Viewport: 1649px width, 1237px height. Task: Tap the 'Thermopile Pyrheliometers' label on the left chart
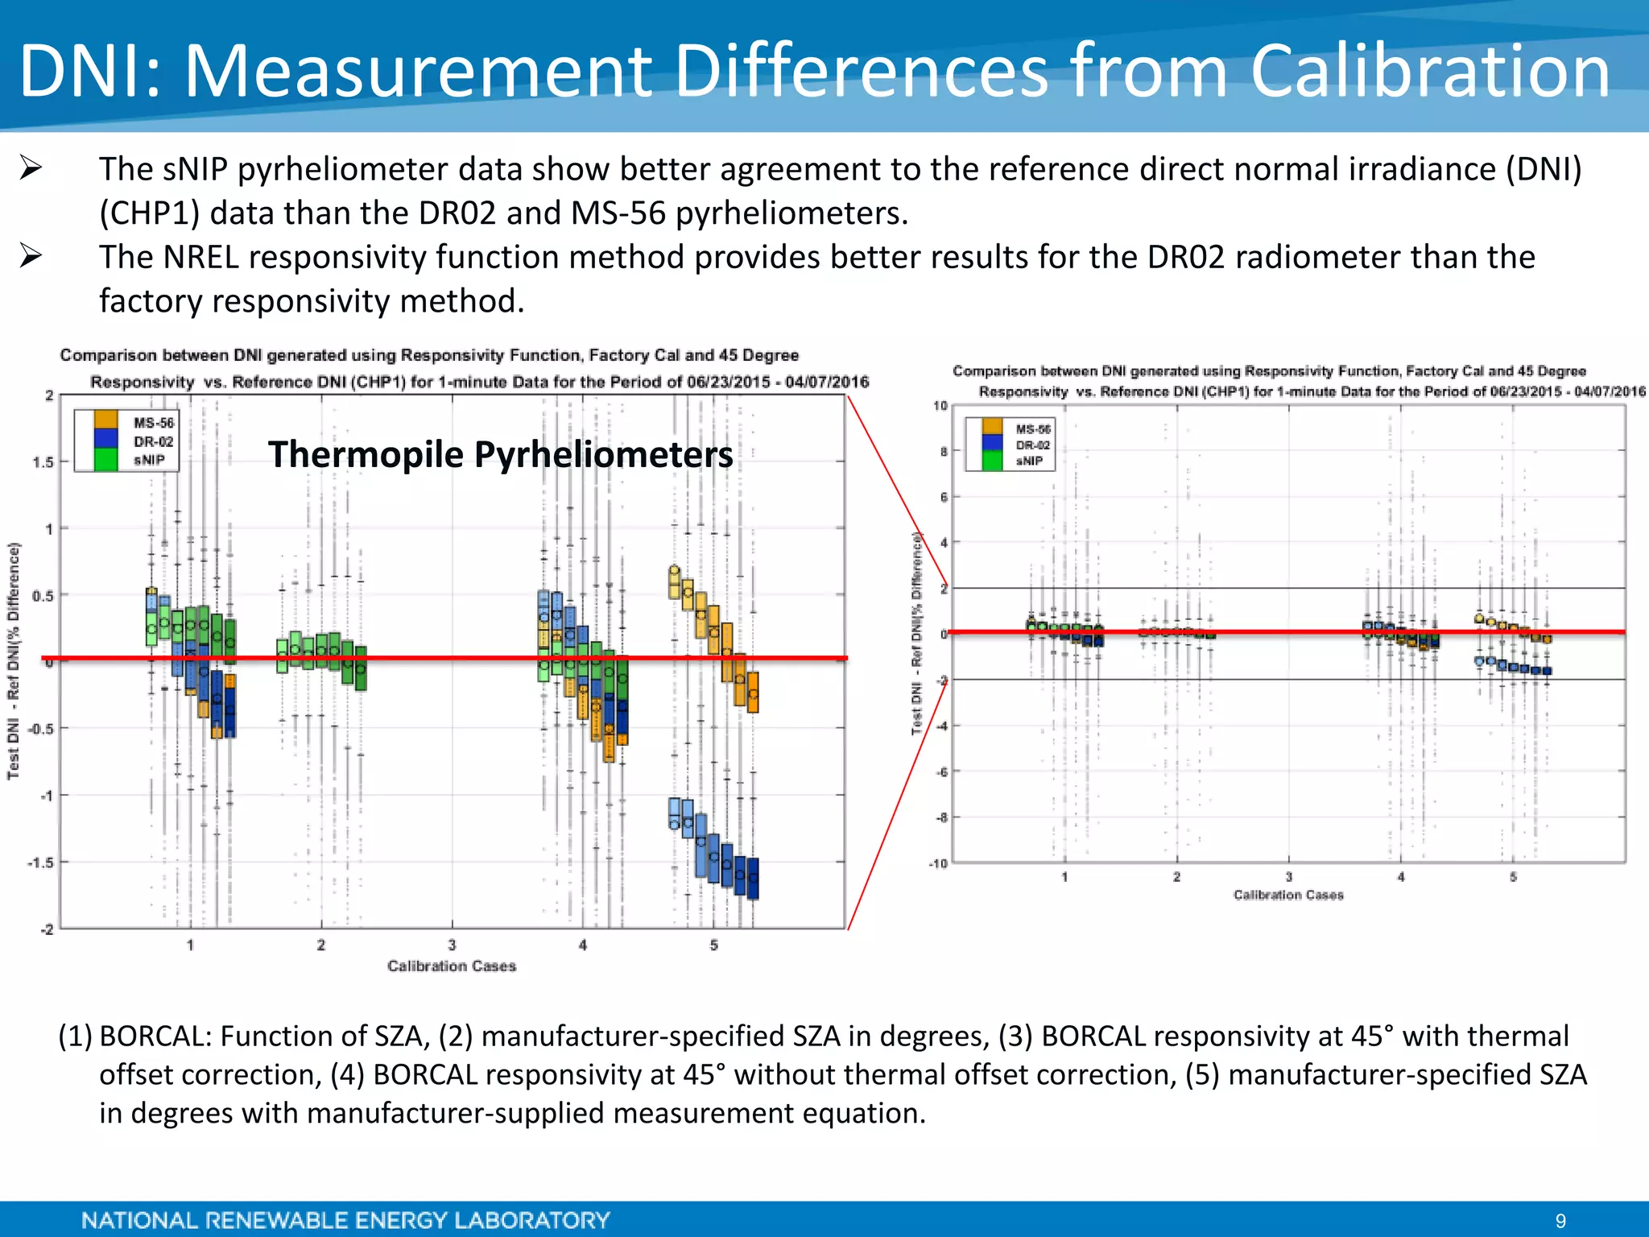coord(500,454)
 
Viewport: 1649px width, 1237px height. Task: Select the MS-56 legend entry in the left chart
coord(153,423)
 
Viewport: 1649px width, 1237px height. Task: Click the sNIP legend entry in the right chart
coord(1029,461)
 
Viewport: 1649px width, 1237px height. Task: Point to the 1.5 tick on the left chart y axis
coord(43,462)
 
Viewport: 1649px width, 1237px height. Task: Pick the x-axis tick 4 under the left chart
coord(583,945)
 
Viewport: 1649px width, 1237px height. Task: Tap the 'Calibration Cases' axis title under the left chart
coord(451,966)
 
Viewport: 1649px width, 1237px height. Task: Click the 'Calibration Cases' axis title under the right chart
coord(1288,895)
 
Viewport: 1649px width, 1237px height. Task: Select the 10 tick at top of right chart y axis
coord(940,406)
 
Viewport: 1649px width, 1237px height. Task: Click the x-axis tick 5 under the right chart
coord(1513,877)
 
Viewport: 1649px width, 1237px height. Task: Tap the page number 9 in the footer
coord(1560,1221)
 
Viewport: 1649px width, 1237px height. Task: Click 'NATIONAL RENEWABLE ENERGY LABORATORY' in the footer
coord(345,1220)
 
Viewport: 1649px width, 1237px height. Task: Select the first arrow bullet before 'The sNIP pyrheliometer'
coord(31,168)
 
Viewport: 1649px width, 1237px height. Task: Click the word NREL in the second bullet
coord(200,258)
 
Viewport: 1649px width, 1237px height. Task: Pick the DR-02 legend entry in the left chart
coord(153,441)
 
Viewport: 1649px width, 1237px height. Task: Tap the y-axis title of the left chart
coord(14,660)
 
